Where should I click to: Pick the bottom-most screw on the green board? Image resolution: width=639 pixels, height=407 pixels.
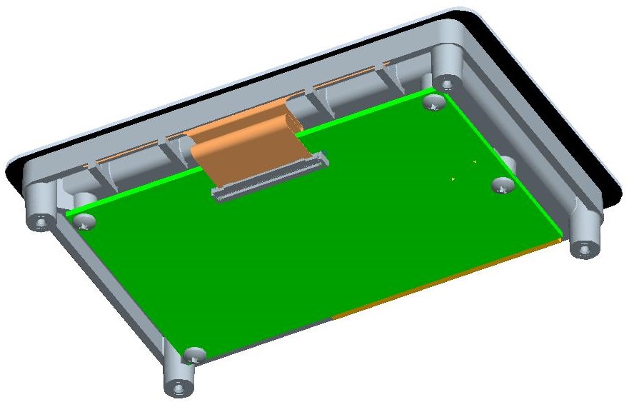(193, 354)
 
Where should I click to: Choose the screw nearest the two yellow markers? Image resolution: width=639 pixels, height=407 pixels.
(503, 186)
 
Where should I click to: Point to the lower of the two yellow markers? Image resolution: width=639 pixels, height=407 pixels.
(453, 179)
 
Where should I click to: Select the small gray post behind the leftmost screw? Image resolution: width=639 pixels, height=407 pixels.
(86, 200)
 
